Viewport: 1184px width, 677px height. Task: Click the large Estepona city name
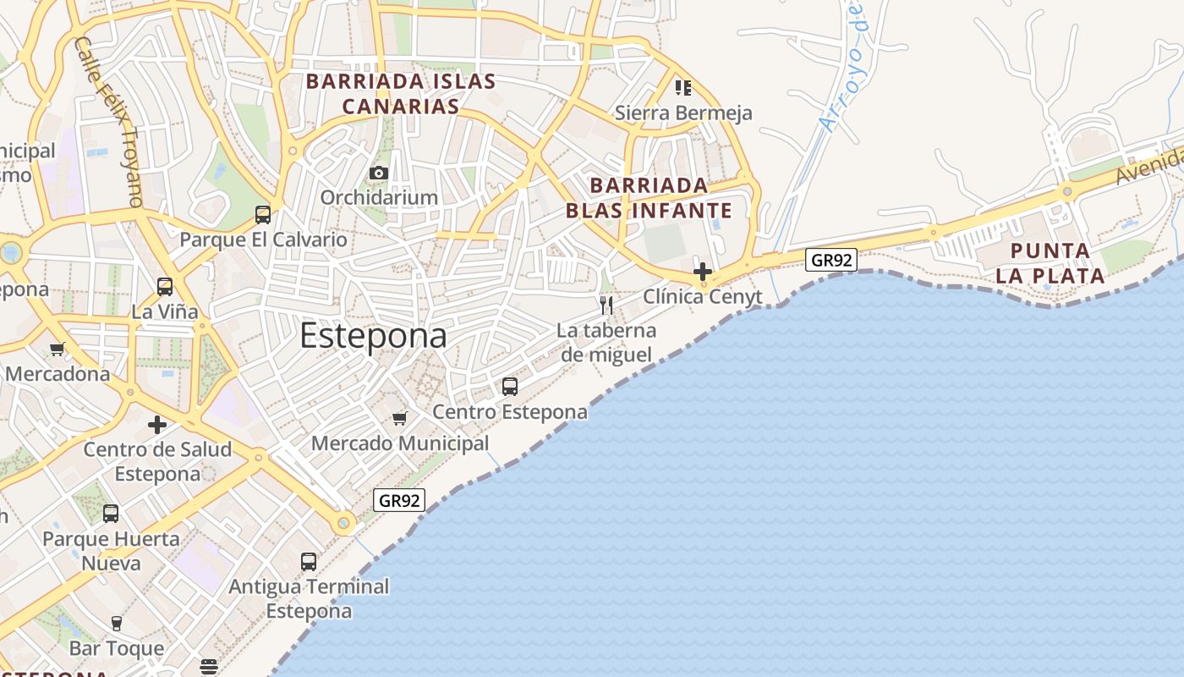point(373,336)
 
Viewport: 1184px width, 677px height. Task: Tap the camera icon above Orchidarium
point(378,173)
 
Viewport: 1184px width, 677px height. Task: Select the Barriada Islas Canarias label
point(401,94)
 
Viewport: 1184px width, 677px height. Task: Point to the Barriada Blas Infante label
point(649,197)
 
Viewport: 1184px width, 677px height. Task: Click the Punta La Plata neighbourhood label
point(1050,263)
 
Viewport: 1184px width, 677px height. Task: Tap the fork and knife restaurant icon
point(606,305)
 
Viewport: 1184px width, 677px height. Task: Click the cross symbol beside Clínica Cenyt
point(702,272)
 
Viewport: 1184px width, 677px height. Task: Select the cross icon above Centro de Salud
point(157,424)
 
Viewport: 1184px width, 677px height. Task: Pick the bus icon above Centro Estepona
point(510,387)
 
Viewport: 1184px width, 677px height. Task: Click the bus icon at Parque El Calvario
point(263,215)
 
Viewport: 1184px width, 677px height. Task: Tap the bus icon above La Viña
point(165,287)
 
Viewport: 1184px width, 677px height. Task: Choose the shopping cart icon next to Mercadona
point(58,349)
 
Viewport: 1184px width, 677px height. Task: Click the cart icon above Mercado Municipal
point(400,418)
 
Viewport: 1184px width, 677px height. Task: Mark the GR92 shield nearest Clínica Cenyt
point(831,260)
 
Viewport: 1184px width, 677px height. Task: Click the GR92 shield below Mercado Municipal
point(399,499)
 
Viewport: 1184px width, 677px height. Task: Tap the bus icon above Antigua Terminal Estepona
point(309,561)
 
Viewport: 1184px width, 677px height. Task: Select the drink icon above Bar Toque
point(117,624)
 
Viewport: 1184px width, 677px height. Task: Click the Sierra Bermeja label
point(683,113)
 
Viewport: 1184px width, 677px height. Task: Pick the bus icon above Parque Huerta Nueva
point(111,514)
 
